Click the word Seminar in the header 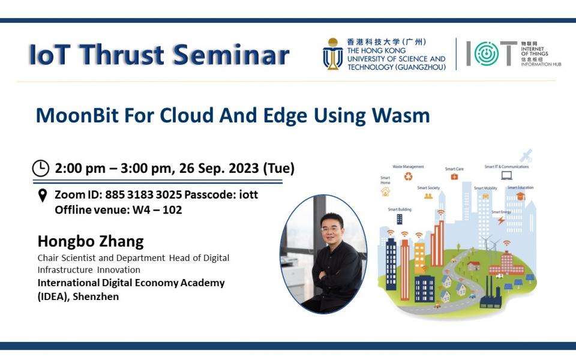click(x=233, y=55)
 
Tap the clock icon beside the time click(x=40, y=168)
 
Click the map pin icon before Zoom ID click(x=42, y=195)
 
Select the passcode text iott click(x=246, y=195)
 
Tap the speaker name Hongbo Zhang click(x=91, y=241)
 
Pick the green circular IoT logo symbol click(x=486, y=54)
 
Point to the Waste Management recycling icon click(x=409, y=176)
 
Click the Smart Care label click(x=454, y=169)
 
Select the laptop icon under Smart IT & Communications click(x=506, y=176)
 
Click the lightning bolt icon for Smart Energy click(x=501, y=220)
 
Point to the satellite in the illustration click(x=527, y=155)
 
